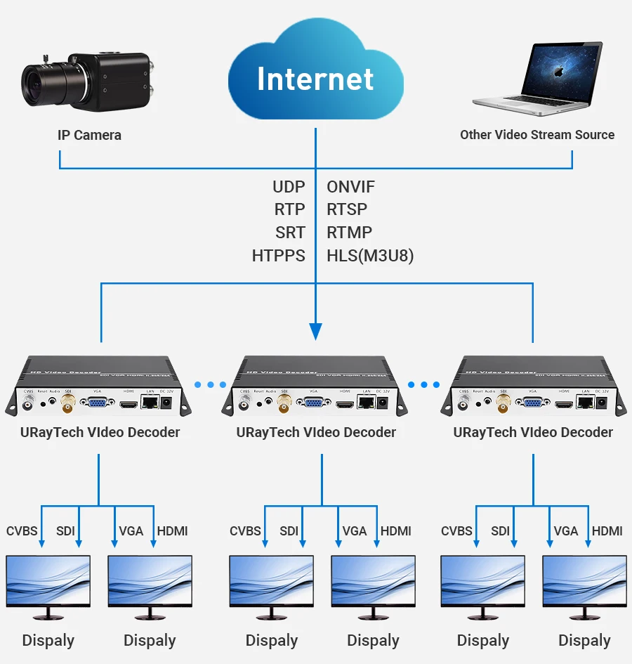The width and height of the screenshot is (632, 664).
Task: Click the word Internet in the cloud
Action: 315,78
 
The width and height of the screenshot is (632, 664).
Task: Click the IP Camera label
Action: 89,135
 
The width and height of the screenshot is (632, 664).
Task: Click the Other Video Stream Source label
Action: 537,134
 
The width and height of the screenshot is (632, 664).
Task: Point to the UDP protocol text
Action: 289,187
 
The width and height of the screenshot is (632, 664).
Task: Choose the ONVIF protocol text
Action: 351,187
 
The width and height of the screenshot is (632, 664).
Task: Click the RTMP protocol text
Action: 350,233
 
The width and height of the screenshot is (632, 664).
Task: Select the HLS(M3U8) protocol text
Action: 370,256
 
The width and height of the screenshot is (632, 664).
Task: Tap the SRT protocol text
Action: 290,233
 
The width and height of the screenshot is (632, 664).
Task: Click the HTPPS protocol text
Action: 279,256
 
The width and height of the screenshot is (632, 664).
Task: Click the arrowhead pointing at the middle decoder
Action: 316,330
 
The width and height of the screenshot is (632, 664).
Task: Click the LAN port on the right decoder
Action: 585,401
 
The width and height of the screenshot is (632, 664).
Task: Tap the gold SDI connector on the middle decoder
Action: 286,403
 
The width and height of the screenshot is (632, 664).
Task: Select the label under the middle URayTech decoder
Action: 316,432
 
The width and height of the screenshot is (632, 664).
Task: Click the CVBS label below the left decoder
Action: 22,531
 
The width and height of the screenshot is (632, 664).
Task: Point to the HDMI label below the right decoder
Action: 607,531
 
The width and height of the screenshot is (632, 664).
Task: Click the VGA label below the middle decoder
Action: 355,531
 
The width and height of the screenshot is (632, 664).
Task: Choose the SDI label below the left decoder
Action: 65,531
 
